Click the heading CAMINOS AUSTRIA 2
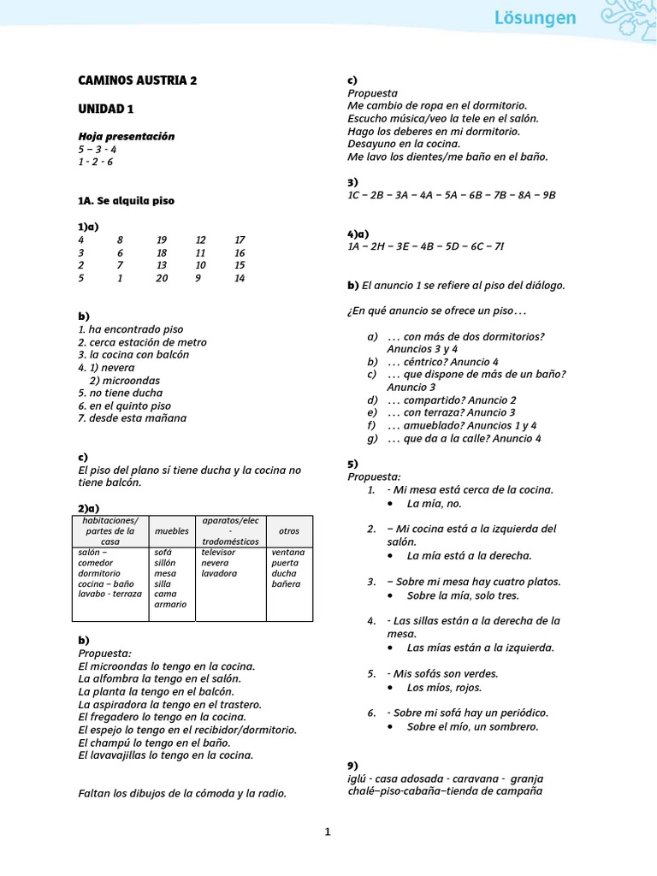(137, 80)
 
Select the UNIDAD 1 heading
(106, 109)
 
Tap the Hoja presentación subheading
(126, 136)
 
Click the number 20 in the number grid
(162, 278)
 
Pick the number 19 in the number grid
(162, 240)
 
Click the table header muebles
(172, 531)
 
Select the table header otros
(289, 531)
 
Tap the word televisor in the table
(218, 553)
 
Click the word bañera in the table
(286, 583)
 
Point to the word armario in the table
(170, 604)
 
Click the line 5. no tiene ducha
(120, 393)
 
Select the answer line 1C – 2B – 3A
(452, 195)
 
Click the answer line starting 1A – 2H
(425, 246)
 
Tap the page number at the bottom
(328, 831)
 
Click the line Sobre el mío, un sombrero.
(472, 726)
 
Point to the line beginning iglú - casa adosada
(445, 778)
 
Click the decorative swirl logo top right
(627, 19)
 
